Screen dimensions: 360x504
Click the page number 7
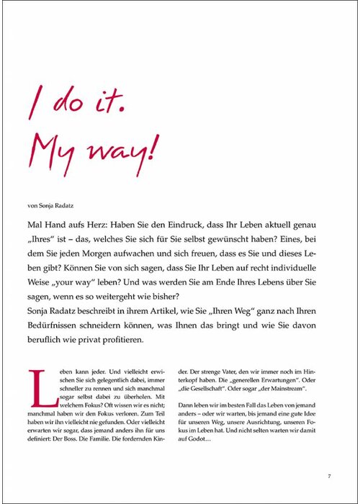click(x=328, y=475)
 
